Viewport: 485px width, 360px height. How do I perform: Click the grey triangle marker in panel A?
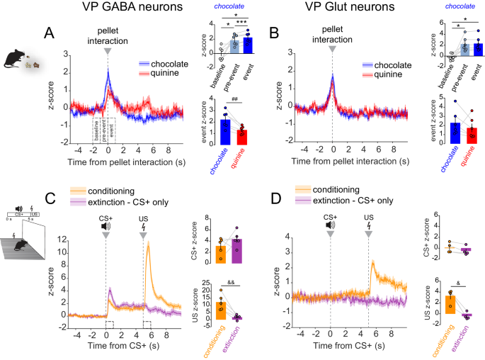tap(106, 52)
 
